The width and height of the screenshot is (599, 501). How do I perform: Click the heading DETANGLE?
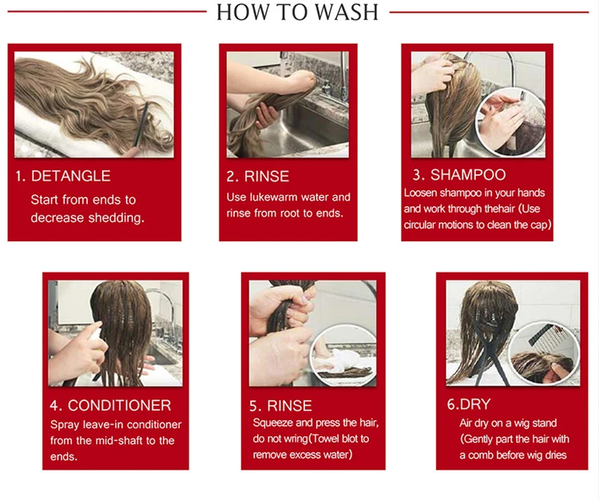coord(70,176)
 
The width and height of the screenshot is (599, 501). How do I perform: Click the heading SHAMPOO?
coord(468,175)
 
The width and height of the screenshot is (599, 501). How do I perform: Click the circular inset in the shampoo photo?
coord(511,121)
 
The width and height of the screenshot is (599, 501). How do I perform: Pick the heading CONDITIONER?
coord(119,405)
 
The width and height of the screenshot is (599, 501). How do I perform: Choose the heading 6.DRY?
coord(469,404)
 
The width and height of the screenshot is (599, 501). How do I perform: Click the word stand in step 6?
coord(544,423)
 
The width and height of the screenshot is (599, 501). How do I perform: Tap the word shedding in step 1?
coord(116,218)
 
